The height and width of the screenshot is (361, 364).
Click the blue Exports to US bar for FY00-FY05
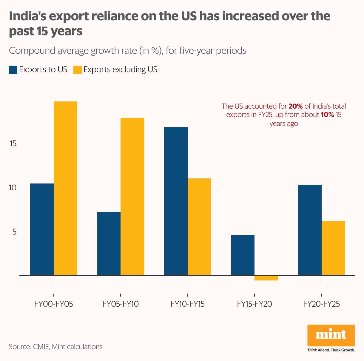coord(42,229)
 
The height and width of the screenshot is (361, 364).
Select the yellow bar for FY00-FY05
coord(65,188)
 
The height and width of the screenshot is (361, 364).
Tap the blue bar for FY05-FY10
coord(109,243)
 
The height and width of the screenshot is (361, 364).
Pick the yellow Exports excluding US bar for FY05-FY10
coord(132,196)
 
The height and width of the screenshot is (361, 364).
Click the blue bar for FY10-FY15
coord(176,201)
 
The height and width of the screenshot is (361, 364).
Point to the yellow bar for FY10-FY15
coord(199,226)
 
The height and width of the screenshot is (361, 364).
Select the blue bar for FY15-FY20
coord(243,255)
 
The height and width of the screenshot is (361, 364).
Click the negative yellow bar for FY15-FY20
coord(266,278)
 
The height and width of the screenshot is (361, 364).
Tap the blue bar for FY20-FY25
coord(310,230)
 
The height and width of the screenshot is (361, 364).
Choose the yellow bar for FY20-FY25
coord(333,248)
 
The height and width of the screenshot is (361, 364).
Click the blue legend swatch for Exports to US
coord(13,70)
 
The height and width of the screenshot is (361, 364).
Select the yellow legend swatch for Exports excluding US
coord(78,70)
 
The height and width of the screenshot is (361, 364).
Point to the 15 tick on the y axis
coord(13,144)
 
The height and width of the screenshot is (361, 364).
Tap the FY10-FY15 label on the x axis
coord(187,304)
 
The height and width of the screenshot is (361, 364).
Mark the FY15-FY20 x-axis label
coord(255,304)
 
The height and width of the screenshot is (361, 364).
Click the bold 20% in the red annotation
coord(296,107)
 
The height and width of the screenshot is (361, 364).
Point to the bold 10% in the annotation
coord(327,115)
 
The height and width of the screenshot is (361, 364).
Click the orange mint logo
coord(331,335)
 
